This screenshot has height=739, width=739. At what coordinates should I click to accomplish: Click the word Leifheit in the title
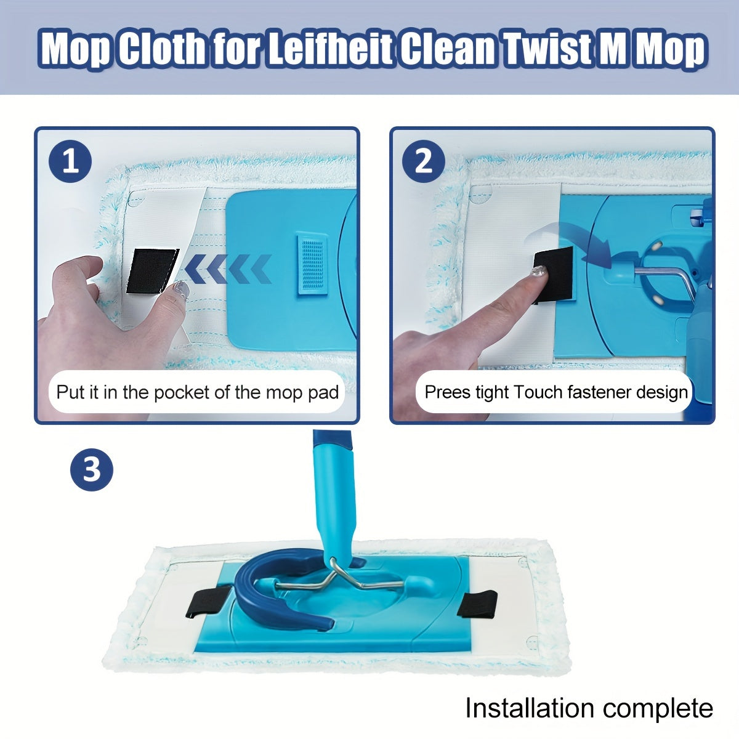(331, 49)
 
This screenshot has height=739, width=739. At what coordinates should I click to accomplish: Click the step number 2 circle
(424, 162)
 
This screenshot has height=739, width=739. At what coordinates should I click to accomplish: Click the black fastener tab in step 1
(151, 271)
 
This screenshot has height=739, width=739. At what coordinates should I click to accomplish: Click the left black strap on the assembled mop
(208, 602)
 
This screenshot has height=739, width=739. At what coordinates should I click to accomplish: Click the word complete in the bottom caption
(662, 708)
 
